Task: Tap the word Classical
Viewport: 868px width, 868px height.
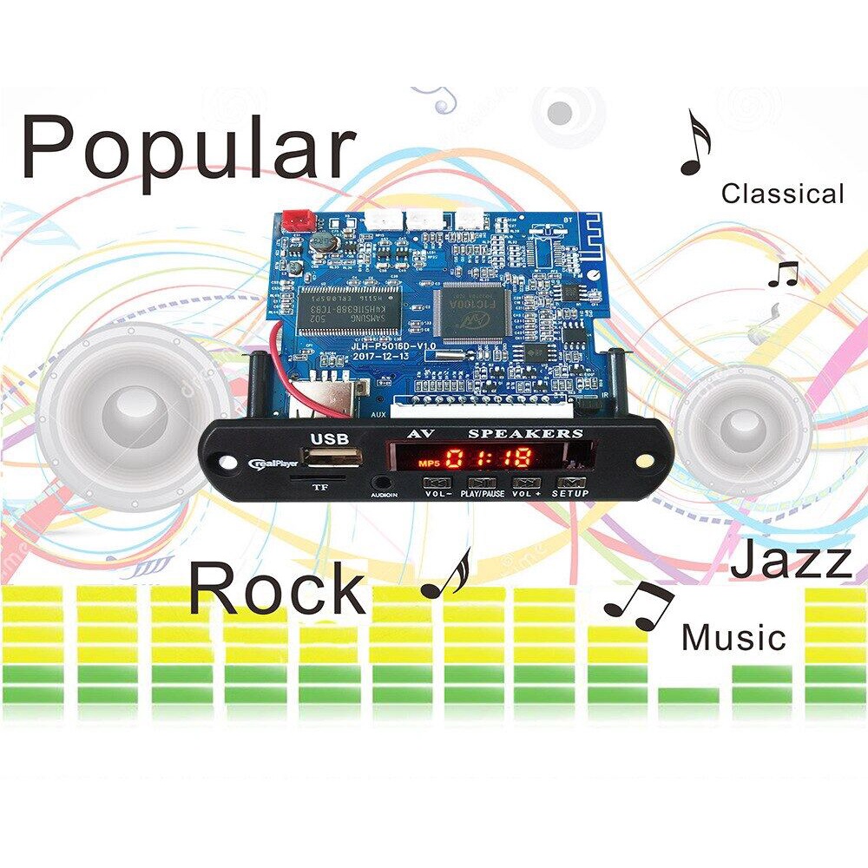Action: [782, 194]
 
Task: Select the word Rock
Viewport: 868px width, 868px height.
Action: [277, 588]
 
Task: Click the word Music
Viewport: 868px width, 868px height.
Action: [733, 638]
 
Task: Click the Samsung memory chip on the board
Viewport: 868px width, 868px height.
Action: [352, 311]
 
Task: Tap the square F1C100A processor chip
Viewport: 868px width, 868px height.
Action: [474, 311]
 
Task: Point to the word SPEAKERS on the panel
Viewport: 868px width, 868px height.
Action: [526, 432]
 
